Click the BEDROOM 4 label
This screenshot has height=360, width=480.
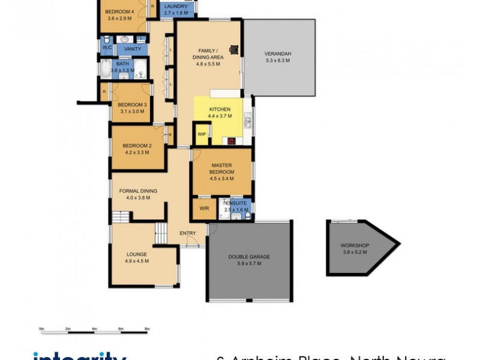point(119,11)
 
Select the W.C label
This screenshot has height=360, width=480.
point(107,47)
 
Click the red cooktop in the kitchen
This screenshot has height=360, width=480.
point(230,142)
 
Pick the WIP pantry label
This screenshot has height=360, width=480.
point(202,134)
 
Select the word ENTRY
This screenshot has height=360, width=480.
point(187,233)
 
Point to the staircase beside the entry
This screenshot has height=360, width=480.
point(160,233)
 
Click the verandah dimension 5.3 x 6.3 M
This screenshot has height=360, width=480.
point(277,61)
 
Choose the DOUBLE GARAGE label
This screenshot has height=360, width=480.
point(249,257)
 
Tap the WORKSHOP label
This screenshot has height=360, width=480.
point(355,245)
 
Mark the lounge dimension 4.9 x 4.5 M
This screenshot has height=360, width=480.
point(137,261)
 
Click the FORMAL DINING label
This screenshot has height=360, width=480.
point(137,191)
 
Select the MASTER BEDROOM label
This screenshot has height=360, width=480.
point(221,169)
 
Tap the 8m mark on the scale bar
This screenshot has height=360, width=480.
point(147,329)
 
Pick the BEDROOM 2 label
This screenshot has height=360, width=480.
point(137,146)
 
